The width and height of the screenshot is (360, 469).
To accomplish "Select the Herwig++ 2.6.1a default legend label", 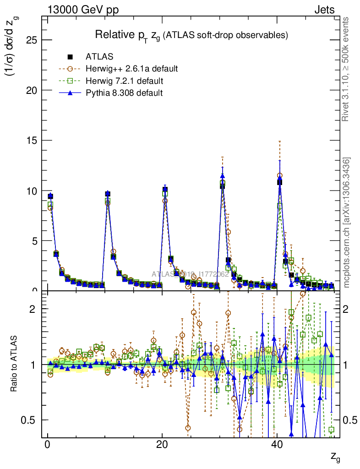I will tap(131, 69).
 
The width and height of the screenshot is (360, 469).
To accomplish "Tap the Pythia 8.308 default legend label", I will tap(124, 93).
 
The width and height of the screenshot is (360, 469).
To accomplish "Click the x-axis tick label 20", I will tap(162, 445).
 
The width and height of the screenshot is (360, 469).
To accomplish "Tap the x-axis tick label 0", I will tap(48, 445).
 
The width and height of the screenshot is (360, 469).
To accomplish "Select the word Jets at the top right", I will tap(324, 10).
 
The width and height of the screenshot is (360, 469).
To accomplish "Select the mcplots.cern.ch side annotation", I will tap(347, 223).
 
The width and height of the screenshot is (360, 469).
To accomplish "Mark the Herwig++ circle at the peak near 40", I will tap(279, 175).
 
